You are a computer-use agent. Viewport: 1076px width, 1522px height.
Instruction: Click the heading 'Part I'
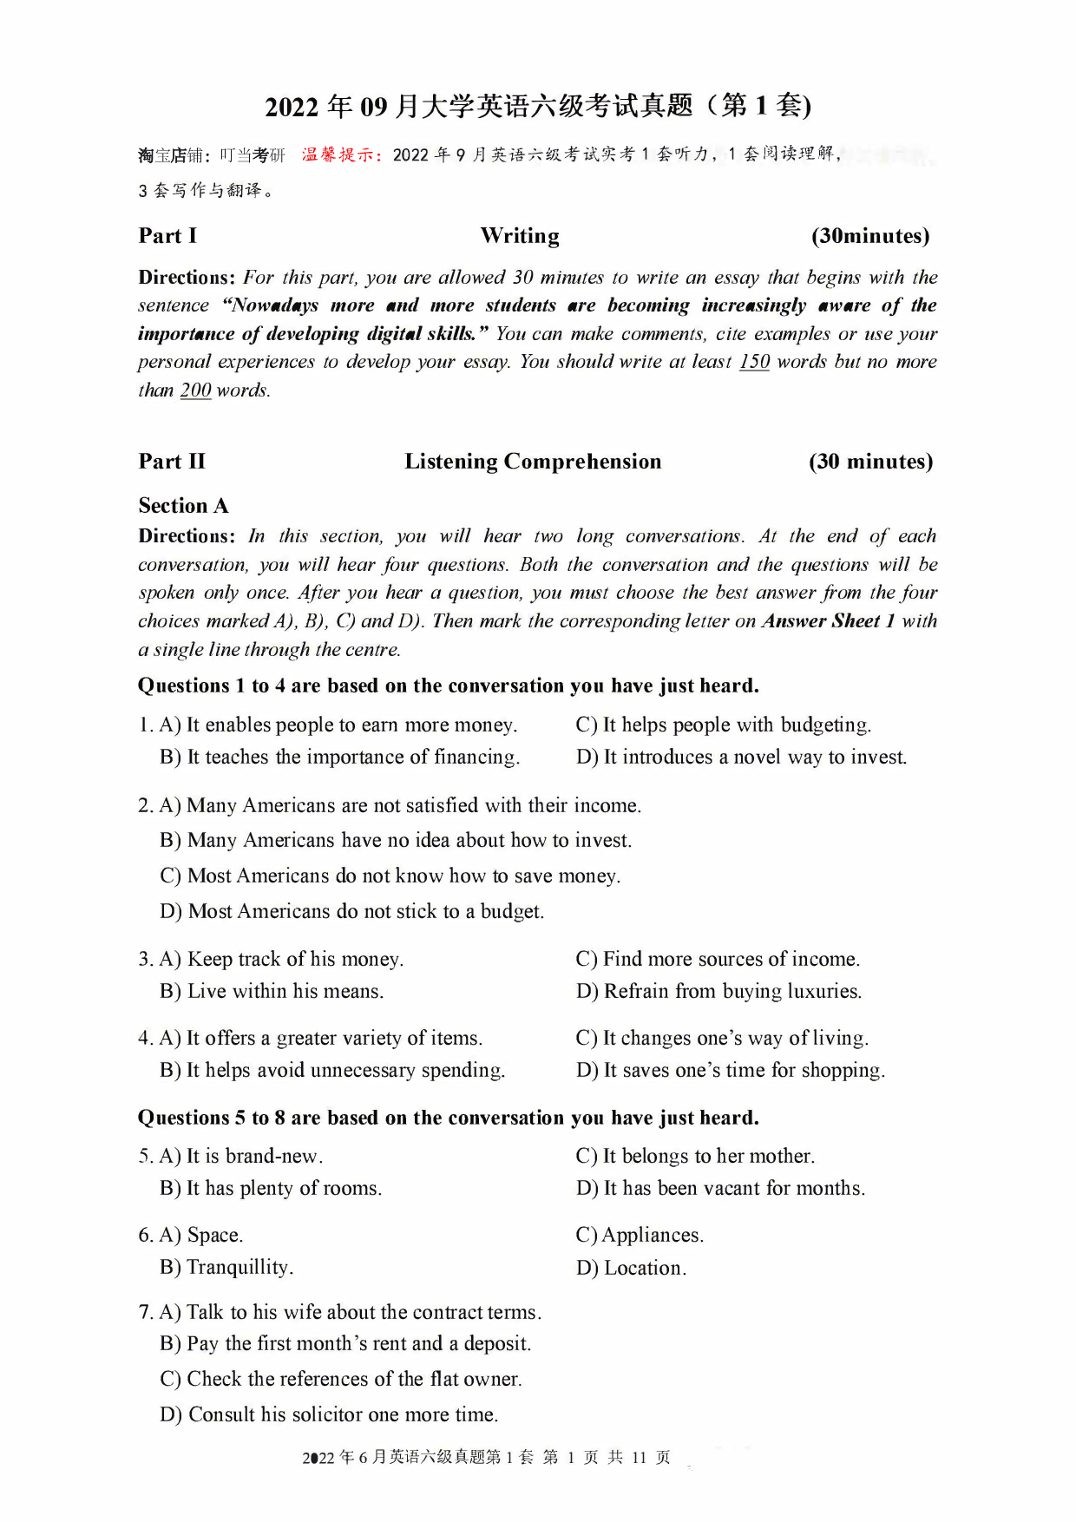167,236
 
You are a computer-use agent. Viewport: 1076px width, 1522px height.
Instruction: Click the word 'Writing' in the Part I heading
520,236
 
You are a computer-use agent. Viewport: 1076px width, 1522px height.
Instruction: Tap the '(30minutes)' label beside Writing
869,236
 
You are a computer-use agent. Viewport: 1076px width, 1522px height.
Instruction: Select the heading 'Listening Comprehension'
533,462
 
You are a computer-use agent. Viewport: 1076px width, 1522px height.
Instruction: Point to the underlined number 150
754,362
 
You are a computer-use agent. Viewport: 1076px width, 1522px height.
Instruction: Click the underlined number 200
195,390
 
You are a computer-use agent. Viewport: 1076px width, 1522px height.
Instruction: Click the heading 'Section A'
183,506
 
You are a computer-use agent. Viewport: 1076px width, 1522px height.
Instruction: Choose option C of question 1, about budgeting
723,725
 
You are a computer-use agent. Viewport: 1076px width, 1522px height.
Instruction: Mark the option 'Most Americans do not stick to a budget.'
351,912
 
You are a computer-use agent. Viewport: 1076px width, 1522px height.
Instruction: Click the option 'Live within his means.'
272,992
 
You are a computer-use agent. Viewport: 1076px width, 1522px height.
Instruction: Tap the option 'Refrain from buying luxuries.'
718,992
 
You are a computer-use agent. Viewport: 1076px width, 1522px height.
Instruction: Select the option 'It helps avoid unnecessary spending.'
332,1071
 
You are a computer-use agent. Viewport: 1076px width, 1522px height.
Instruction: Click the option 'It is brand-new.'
241,1157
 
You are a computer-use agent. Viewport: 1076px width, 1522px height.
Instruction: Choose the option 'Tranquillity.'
226,1268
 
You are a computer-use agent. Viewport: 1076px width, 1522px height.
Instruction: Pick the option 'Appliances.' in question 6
640,1236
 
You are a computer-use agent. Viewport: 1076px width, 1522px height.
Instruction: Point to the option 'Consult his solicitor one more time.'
329,1415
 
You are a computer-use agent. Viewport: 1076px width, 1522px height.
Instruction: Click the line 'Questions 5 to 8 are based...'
448,1119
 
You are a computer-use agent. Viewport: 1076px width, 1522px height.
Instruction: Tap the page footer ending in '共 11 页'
486,1458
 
